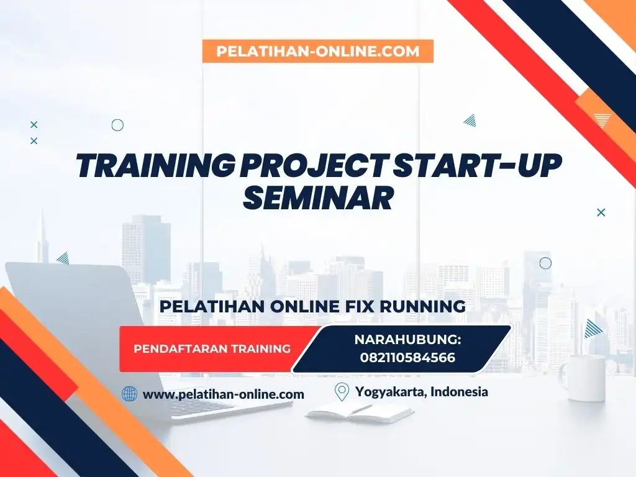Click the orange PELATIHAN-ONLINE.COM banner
pyautogui.click(x=318, y=51)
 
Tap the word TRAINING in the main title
pyautogui.click(x=156, y=166)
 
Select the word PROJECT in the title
pyautogui.click(x=313, y=166)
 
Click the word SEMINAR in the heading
pyautogui.click(x=318, y=198)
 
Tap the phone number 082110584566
pyautogui.click(x=407, y=357)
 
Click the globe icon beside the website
pyautogui.click(x=129, y=393)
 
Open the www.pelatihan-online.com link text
pyautogui.click(x=224, y=394)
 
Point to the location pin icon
pyautogui.click(x=342, y=392)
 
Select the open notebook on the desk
pyautogui.click(x=360, y=413)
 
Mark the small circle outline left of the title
pyautogui.click(x=117, y=125)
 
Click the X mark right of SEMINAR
pyautogui.click(x=601, y=212)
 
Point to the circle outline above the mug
pyautogui.click(x=545, y=263)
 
